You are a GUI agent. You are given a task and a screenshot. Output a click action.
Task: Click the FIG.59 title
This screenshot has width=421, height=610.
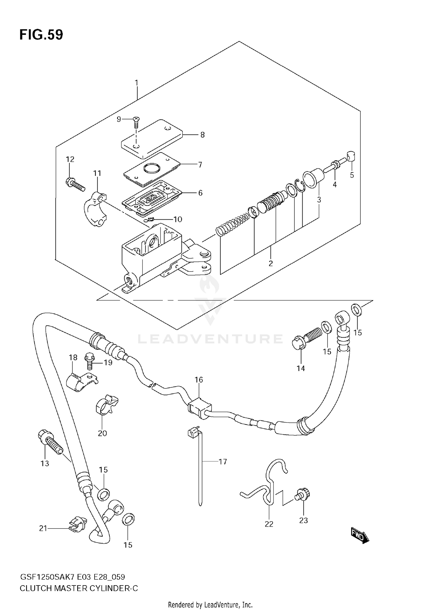(x=41, y=35)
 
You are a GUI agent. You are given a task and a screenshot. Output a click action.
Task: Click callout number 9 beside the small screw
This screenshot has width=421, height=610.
(x=119, y=119)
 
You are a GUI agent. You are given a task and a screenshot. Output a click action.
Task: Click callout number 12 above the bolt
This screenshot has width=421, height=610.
(x=70, y=159)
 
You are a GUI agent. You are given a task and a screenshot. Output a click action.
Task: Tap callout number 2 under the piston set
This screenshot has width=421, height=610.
(x=271, y=263)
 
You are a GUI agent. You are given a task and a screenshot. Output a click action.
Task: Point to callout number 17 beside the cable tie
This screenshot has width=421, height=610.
(x=223, y=461)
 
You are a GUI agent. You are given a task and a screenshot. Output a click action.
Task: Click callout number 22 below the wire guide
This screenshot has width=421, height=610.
(x=269, y=524)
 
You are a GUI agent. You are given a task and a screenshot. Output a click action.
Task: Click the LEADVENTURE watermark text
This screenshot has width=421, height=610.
(x=210, y=339)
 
